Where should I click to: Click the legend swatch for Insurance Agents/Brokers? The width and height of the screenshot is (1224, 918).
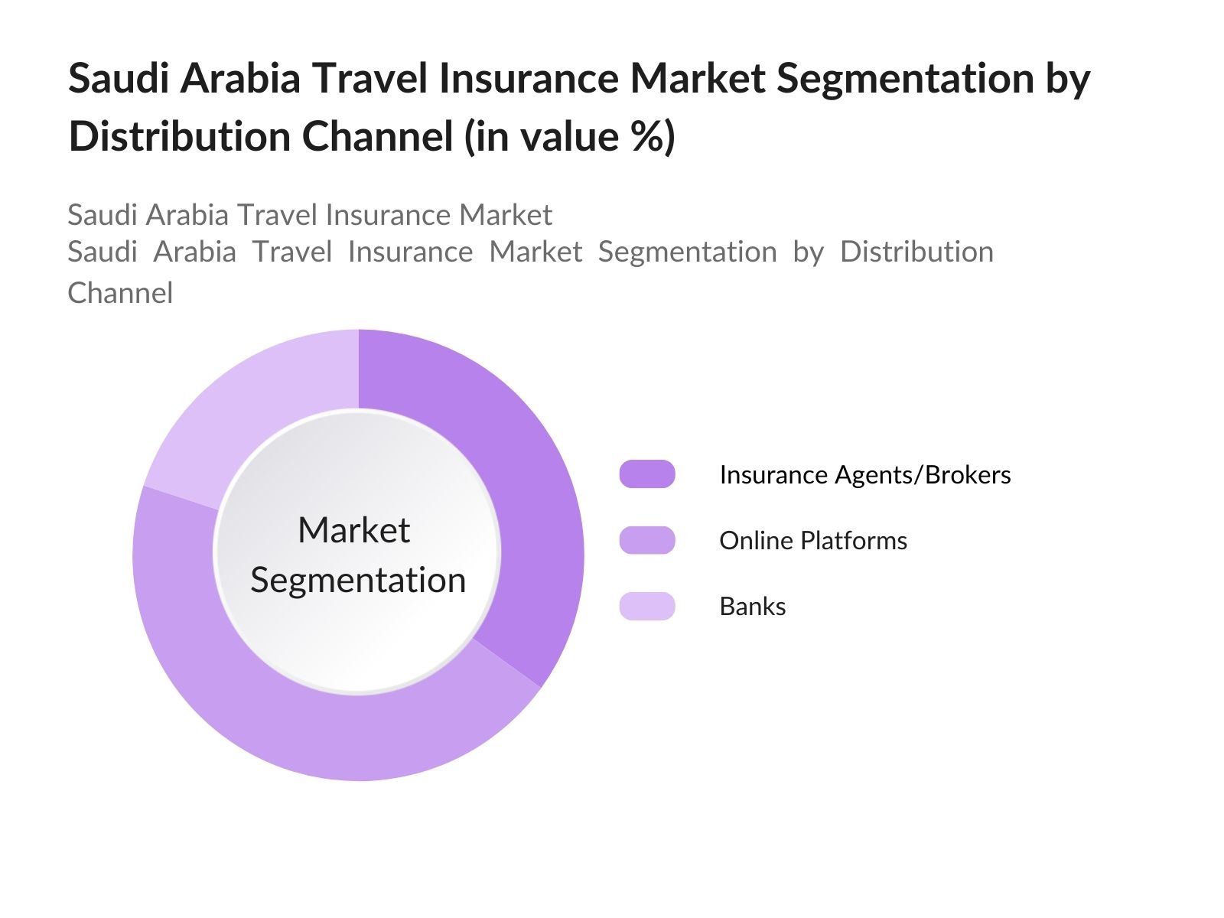pyautogui.click(x=647, y=474)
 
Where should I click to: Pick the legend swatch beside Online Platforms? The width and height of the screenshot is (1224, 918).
pyautogui.click(x=647, y=540)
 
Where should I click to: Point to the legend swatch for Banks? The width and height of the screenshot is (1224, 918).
pyautogui.click(x=647, y=606)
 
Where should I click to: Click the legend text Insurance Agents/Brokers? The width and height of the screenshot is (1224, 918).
pyautogui.click(x=865, y=475)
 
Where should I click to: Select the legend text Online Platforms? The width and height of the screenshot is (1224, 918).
pyautogui.click(x=813, y=541)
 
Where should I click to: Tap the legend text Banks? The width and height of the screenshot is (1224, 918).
pyautogui.click(x=752, y=607)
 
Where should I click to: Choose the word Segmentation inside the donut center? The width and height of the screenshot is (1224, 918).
pyautogui.click(x=358, y=581)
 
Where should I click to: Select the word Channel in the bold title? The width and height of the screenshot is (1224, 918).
pyautogui.click(x=377, y=136)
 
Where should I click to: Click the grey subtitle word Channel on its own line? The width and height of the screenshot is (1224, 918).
pyautogui.click(x=120, y=293)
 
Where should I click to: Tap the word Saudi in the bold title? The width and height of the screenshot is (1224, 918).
pyautogui.click(x=119, y=78)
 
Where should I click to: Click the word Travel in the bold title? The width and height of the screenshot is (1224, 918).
pyautogui.click(x=369, y=78)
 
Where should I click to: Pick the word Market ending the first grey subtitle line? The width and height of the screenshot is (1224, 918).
pyautogui.click(x=505, y=215)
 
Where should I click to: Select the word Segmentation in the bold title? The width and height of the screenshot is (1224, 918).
pyautogui.click(x=905, y=79)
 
